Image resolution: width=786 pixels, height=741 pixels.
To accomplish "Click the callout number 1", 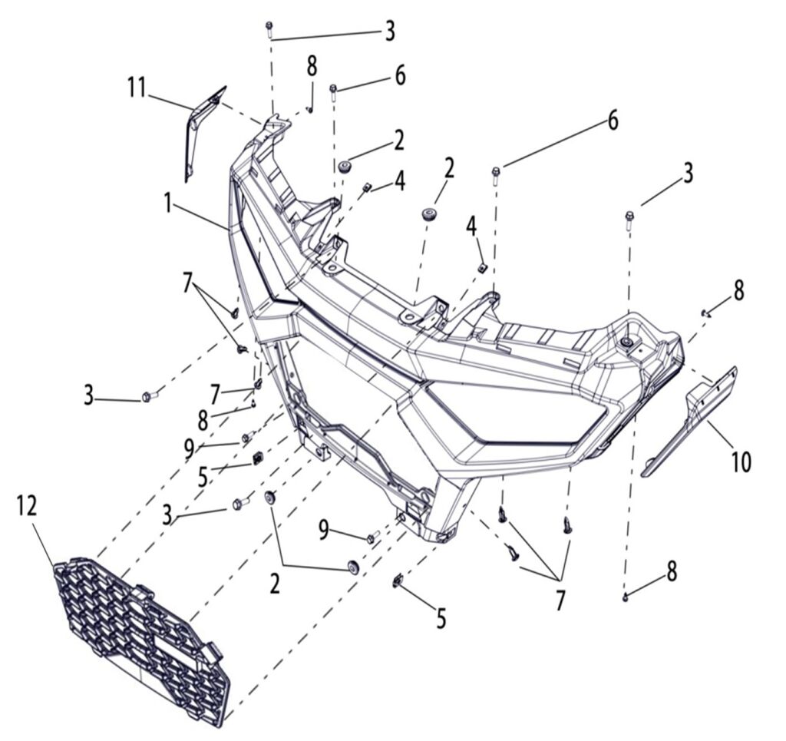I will pyautogui.click(x=167, y=203).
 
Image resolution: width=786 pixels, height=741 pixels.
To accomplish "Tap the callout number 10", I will pyautogui.click(x=741, y=462).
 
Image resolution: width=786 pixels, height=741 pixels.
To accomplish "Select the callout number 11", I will pyautogui.click(x=137, y=88).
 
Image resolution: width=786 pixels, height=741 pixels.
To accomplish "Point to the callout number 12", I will pyautogui.click(x=28, y=506).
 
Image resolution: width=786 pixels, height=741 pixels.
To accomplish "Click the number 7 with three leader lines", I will pyautogui.click(x=561, y=600).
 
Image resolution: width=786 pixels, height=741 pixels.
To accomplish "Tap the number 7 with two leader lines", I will pyautogui.click(x=188, y=282).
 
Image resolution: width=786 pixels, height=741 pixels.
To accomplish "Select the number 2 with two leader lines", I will pyautogui.click(x=274, y=584).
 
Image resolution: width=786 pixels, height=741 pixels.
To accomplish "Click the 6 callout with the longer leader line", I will pyautogui.click(x=613, y=121).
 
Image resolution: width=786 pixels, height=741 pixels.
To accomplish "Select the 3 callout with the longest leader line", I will pyautogui.click(x=390, y=31).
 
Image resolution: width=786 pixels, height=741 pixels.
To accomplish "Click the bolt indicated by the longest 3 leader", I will pyautogui.click(x=269, y=28).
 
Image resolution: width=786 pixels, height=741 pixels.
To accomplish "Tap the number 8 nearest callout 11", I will pyautogui.click(x=312, y=65).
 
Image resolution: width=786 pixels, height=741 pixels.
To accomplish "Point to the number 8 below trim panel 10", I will pyautogui.click(x=672, y=572).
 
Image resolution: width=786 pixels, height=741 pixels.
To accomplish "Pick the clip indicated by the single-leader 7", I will pyautogui.click(x=258, y=382).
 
